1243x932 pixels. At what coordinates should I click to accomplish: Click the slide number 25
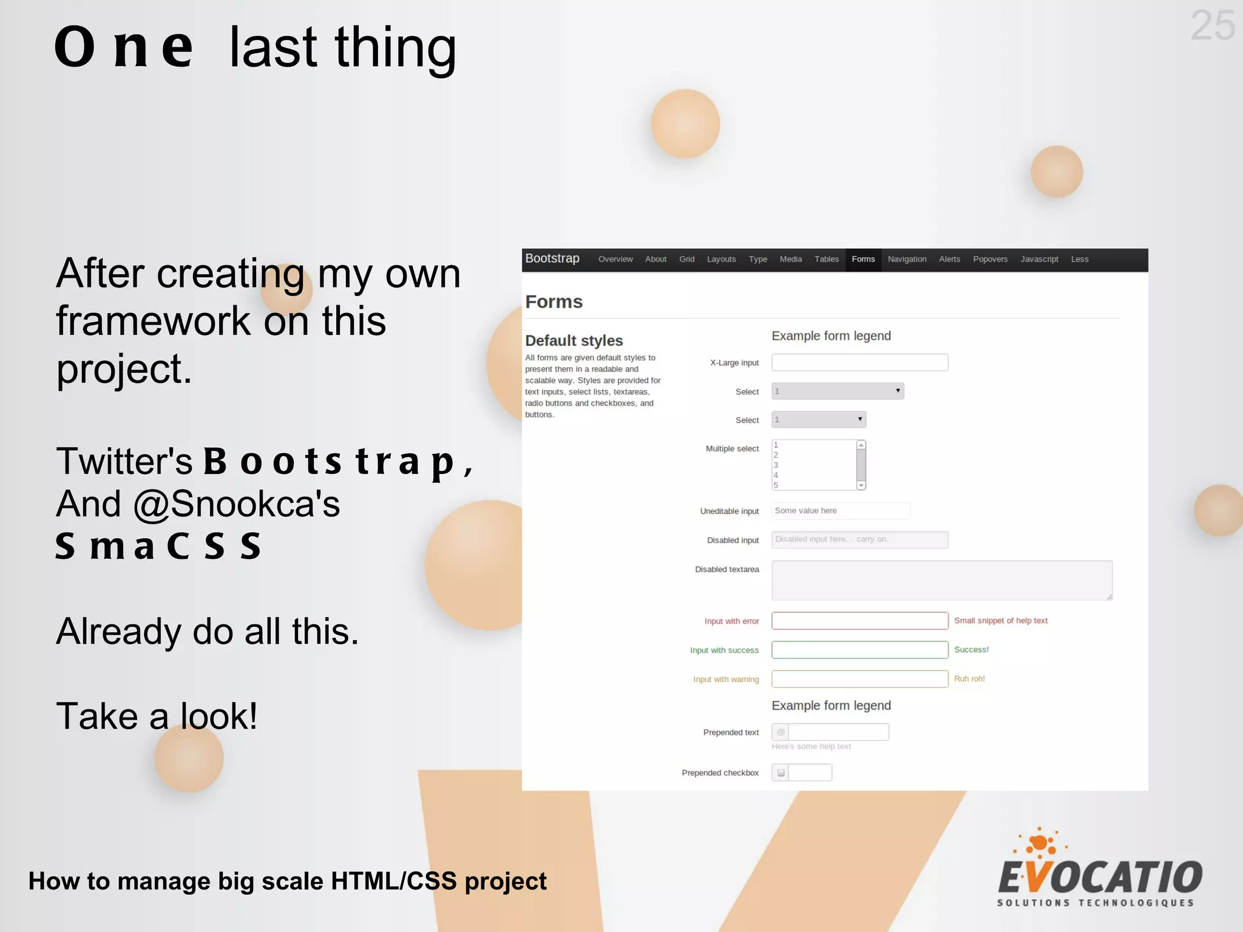[1212, 26]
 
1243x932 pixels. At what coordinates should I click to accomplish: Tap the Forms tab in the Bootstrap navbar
[862, 259]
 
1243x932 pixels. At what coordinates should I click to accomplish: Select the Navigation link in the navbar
[907, 259]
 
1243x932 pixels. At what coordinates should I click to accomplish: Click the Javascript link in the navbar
[1038, 259]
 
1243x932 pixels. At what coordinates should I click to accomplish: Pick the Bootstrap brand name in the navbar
[552, 258]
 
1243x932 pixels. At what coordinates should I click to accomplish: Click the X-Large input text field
[859, 362]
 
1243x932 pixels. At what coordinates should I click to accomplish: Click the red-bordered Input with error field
[859, 621]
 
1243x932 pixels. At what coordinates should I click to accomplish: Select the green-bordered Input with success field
[859, 650]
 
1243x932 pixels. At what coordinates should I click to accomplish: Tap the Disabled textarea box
[941, 580]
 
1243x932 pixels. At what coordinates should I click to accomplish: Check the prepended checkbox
[781, 772]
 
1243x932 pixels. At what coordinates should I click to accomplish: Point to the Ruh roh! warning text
[969, 678]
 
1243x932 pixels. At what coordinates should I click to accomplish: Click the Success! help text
[971, 649]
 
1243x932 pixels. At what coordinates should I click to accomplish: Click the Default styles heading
[574, 340]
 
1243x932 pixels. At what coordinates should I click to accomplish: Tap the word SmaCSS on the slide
[158, 546]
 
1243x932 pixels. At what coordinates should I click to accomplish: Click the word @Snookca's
[236, 504]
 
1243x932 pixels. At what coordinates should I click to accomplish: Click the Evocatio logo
[1099, 869]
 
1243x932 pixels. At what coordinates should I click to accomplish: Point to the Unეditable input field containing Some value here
[841, 511]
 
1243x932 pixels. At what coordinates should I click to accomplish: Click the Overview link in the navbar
[615, 259]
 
